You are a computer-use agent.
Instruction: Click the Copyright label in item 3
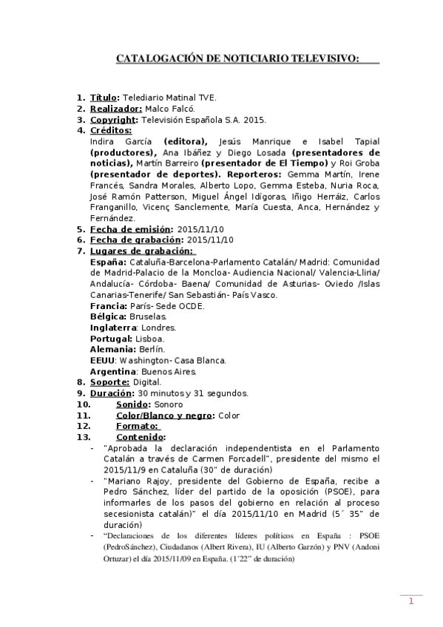(113, 119)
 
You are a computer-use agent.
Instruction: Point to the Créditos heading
(110, 130)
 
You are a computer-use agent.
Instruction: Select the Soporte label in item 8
(109, 382)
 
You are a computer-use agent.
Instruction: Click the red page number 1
(410, 602)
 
